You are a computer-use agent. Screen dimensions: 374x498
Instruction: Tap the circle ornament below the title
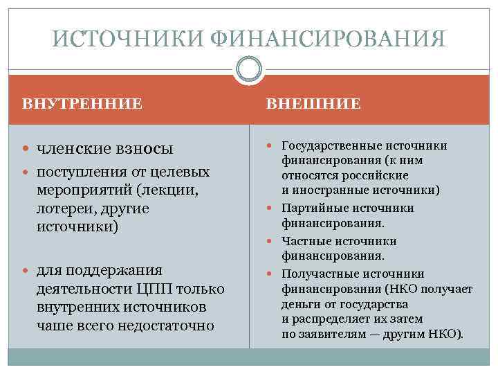click(x=249, y=70)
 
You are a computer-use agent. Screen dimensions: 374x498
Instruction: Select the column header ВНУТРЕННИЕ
click(x=82, y=104)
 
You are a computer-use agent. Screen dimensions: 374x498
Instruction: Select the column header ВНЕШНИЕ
click(x=313, y=104)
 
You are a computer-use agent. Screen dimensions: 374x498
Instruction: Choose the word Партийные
click(x=310, y=208)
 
